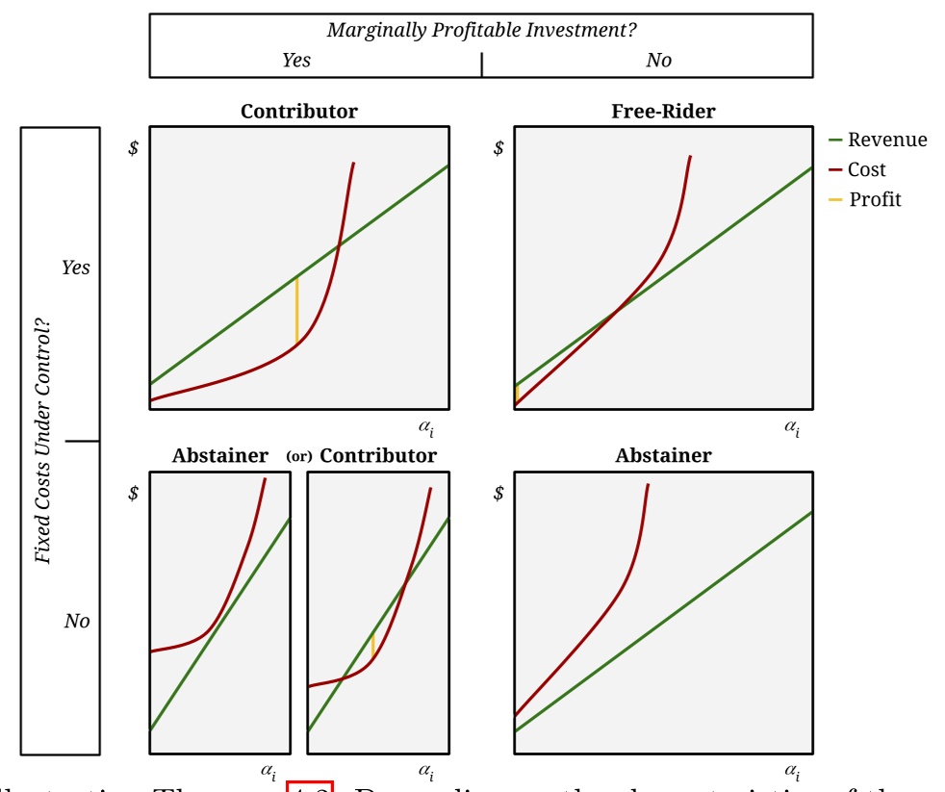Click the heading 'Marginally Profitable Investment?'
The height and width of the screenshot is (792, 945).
[x=481, y=30]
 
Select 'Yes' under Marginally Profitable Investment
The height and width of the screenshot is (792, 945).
[x=295, y=61]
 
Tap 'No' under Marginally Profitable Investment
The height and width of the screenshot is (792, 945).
[x=658, y=61]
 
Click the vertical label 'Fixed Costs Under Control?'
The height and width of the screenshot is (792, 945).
[x=42, y=442]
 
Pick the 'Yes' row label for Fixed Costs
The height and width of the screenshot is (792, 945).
[x=75, y=268]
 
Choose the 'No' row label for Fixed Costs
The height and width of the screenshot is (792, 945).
[x=77, y=622]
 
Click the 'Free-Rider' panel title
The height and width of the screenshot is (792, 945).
[x=663, y=112]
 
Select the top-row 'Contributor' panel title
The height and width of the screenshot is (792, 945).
[x=298, y=112]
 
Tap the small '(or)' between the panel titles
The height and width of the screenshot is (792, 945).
[x=299, y=456]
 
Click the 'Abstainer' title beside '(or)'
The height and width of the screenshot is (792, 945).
[x=219, y=456]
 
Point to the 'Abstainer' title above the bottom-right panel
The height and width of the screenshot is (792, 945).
[x=663, y=456]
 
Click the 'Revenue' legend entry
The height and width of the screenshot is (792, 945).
[x=886, y=141]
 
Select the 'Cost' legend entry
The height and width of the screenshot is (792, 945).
[x=866, y=170]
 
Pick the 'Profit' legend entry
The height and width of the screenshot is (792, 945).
[x=875, y=200]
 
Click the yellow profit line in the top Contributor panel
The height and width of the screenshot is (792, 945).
[x=296, y=311]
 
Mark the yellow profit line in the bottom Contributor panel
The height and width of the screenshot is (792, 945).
[x=372, y=645]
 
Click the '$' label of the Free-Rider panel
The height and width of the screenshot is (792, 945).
[x=498, y=148]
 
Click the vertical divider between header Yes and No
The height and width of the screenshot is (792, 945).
[x=481, y=64]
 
